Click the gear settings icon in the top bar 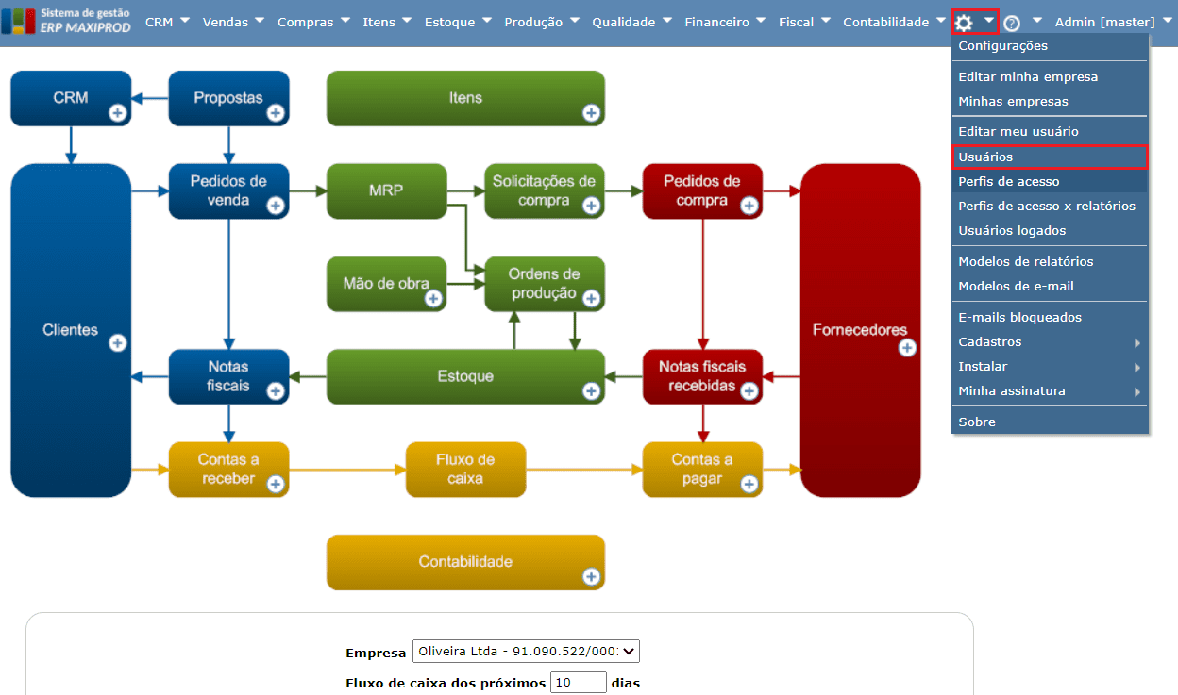click(x=964, y=22)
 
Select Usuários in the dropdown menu click(x=985, y=157)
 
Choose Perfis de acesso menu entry click(x=1008, y=181)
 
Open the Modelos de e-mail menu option click(x=1016, y=286)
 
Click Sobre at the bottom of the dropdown click(x=977, y=422)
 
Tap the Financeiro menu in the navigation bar click(x=716, y=22)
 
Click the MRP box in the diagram click(x=386, y=190)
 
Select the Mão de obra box click(x=386, y=283)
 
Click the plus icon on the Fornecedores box click(x=907, y=348)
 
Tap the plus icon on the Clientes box click(x=118, y=342)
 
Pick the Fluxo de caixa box click(x=465, y=469)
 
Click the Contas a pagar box click(x=701, y=469)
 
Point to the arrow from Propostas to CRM click(x=149, y=97)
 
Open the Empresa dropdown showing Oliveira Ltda click(x=526, y=652)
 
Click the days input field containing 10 click(x=578, y=683)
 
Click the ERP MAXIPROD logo click(x=66, y=21)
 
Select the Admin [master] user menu click(x=1104, y=22)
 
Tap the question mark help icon click(x=1012, y=23)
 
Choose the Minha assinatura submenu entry click(x=1011, y=390)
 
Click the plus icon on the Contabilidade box click(x=591, y=576)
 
